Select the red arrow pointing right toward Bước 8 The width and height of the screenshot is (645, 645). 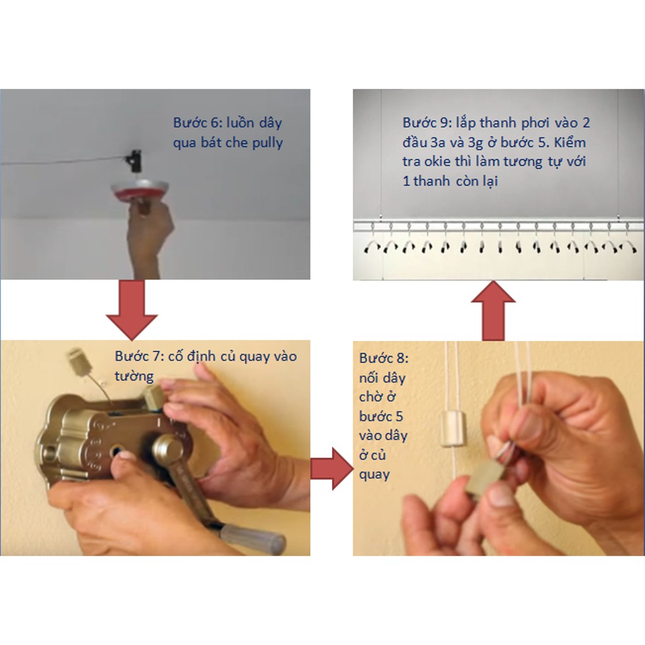point(331,469)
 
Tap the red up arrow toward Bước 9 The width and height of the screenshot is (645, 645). point(493,311)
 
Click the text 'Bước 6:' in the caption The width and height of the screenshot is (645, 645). point(197,123)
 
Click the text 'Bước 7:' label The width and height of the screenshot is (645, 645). point(139,357)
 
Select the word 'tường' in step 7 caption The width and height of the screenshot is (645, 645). point(134,377)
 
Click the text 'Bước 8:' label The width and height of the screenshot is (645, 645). point(384,358)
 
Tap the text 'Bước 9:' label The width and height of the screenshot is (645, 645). point(426,123)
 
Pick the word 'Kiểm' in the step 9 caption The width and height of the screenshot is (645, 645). point(569,142)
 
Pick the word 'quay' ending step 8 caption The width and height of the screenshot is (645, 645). point(374,475)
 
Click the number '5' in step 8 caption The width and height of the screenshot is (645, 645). point(399,416)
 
